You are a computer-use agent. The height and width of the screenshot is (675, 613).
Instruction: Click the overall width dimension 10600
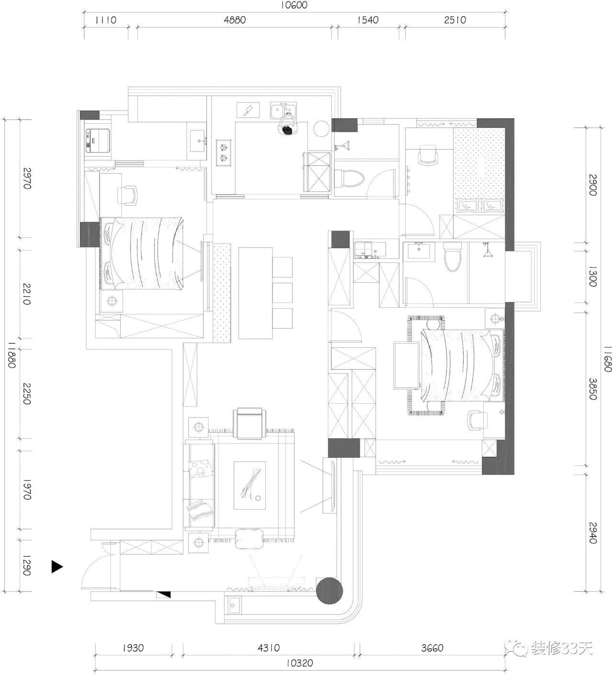(294, 5)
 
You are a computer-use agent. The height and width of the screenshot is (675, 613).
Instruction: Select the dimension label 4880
(235, 20)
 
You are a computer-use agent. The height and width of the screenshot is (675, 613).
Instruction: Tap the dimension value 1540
(367, 20)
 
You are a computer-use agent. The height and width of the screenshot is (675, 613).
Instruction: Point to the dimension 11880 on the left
(12, 355)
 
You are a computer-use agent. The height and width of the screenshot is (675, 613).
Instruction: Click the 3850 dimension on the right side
(593, 389)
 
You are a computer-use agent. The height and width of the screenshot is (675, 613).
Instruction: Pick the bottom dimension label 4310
(268, 648)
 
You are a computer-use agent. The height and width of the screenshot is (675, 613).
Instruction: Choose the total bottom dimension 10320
(299, 663)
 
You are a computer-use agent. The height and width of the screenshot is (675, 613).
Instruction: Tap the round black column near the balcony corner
(329, 591)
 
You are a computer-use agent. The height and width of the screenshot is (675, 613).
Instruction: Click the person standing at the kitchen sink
(288, 124)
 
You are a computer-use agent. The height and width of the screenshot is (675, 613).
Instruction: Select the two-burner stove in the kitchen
(223, 152)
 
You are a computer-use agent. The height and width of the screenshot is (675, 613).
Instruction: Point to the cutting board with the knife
(248, 110)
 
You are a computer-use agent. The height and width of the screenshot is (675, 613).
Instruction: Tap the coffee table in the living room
(250, 485)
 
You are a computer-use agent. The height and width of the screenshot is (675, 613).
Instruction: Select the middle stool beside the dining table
(282, 293)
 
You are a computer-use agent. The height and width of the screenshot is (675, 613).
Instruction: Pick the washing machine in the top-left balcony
(98, 140)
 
